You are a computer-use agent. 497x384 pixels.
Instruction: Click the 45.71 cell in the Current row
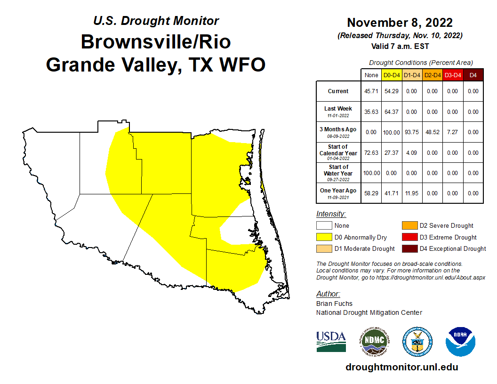pyautogui.click(x=371, y=91)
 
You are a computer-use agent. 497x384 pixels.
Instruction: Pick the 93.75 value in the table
pyautogui.click(x=412, y=132)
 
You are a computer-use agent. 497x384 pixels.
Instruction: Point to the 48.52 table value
pyautogui.click(x=433, y=132)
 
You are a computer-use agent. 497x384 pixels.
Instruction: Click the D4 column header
pyautogui.click(x=473, y=75)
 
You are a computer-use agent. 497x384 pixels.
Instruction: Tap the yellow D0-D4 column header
pyautogui.click(x=392, y=75)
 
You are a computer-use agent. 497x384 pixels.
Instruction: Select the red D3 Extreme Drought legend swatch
pyautogui.click(x=409, y=237)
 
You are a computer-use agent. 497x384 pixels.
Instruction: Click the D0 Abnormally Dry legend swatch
pyautogui.click(x=323, y=237)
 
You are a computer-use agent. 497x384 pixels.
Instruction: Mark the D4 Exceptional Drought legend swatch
pyautogui.click(x=409, y=248)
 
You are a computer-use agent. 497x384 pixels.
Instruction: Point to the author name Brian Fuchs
pyautogui.click(x=334, y=304)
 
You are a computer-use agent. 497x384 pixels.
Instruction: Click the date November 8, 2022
pyautogui.click(x=400, y=23)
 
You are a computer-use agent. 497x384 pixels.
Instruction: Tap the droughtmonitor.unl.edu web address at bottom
pyautogui.click(x=401, y=367)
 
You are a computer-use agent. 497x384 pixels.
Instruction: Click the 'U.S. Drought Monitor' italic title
pyautogui.click(x=156, y=21)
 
